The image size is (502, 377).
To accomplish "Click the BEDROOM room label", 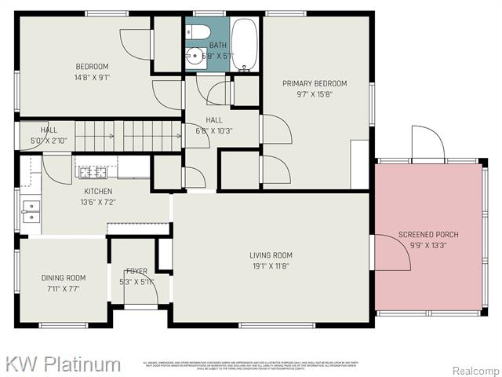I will pyautogui.click(x=92, y=67).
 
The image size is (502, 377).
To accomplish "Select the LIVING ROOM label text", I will pyautogui.click(x=271, y=255).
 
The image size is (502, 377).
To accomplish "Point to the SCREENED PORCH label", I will pyautogui.click(x=428, y=235).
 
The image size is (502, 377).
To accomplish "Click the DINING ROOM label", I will pyautogui.click(x=64, y=278).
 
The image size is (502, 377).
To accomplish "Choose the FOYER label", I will pyautogui.click(x=136, y=272).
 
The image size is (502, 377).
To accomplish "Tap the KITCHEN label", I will pyautogui.click(x=98, y=192).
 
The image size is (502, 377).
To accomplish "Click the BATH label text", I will pyautogui.click(x=217, y=46).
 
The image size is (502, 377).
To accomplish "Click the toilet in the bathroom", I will pyautogui.click(x=198, y=32).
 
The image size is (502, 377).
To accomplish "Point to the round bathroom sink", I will pyautogui.click(x=194, y=56).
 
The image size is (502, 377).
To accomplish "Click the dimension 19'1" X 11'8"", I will pyautogui.click(x=271, y=266).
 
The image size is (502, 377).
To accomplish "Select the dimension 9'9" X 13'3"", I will pyautogui.click(x=428, y=245).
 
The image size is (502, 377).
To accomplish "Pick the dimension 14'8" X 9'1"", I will pyautogui.click(x=92, y=77).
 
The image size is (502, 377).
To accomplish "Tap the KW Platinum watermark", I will pyautogui.click(x=64, y=364).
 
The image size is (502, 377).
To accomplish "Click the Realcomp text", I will pyautogui.click(x=475, y=371).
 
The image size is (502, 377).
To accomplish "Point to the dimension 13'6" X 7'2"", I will pyautogui.click(x=98, y=202).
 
